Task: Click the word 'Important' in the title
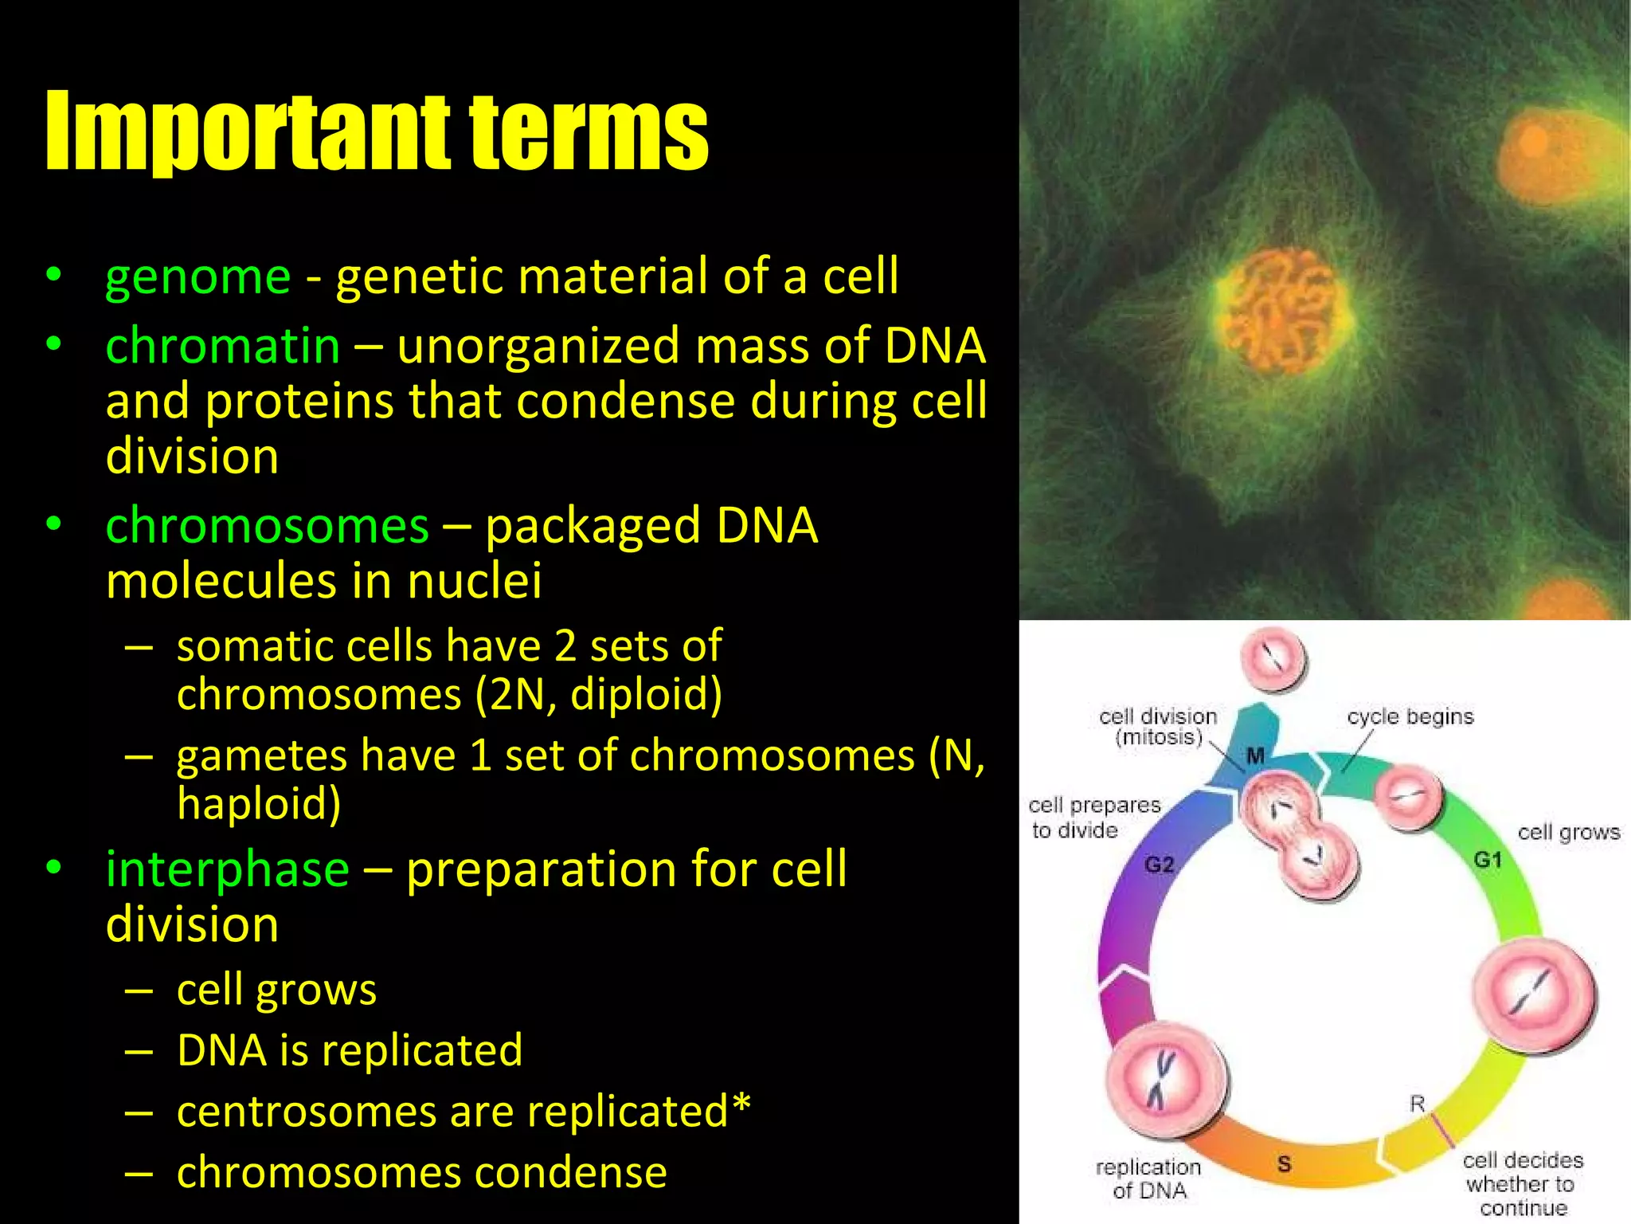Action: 251,131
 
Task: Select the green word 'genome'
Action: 198,277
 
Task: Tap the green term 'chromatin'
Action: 223,347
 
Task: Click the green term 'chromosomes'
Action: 267,526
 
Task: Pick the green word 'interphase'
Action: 227,869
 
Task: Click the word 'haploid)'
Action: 259,803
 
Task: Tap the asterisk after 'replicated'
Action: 741,1105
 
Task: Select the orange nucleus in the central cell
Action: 1284,311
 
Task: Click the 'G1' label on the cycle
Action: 1488,860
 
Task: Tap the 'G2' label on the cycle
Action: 1159,865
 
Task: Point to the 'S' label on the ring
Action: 1284,1163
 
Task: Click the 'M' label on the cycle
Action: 1256,755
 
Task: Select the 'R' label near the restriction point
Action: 1417,1104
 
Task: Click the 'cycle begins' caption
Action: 1410,716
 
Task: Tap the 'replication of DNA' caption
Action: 1148,1179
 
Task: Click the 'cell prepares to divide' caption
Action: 1093,818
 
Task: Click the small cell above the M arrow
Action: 1273,659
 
